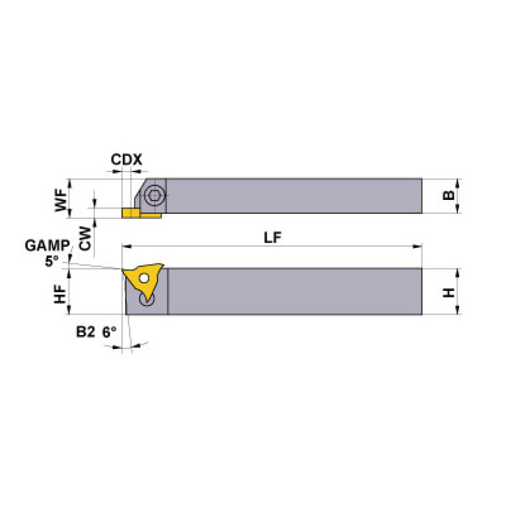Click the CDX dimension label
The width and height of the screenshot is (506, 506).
click(x=126, y=159)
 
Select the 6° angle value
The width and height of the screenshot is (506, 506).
click(x=109, y=332)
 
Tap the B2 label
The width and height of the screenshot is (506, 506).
click(x=84, y=332)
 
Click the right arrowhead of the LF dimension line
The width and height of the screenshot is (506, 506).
click(x=418, y=247)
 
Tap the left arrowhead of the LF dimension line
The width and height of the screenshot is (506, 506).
click(x=125, y=247)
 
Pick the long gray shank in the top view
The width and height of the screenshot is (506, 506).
click(x=294, y=195)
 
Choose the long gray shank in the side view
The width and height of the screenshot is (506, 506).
click(x=294, y=291)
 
